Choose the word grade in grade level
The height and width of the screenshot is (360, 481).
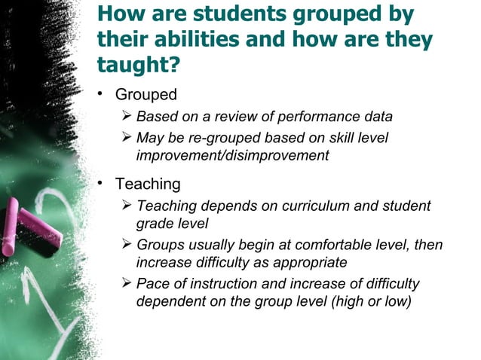tap(155, 224)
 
